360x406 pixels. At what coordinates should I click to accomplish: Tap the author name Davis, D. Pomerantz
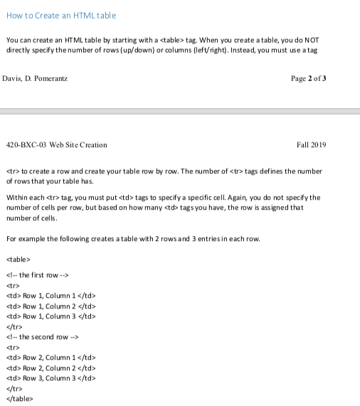tap(35, 78)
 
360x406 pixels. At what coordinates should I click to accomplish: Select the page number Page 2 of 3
tap(309, 78)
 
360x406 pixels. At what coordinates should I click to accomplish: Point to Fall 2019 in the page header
tap(311, 145)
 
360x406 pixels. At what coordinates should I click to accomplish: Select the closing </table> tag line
tap(19, 398)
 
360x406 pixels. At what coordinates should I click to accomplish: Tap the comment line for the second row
tap(42, 336)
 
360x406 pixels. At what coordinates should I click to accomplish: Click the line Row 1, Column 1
tap(51, 295)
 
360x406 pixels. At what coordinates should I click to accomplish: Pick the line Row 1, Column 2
tap(51, 306)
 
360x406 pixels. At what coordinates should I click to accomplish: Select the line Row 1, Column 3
tap(51, 316)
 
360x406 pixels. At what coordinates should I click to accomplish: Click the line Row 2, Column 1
tap(51, 357)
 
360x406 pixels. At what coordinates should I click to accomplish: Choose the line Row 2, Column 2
tap(51, 368)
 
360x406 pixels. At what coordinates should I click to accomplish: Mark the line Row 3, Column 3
tap(51, 378)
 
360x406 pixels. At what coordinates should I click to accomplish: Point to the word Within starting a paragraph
tap(16, 198)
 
